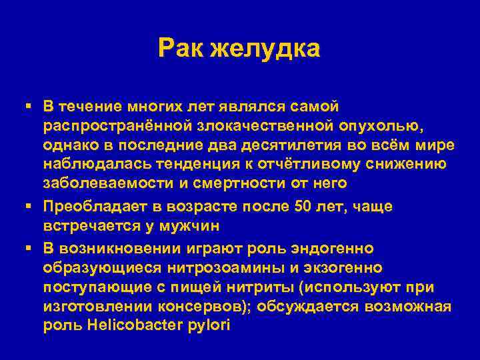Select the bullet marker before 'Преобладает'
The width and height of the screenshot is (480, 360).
coord(28,207)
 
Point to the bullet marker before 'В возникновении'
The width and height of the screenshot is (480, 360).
coord(28,248)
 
